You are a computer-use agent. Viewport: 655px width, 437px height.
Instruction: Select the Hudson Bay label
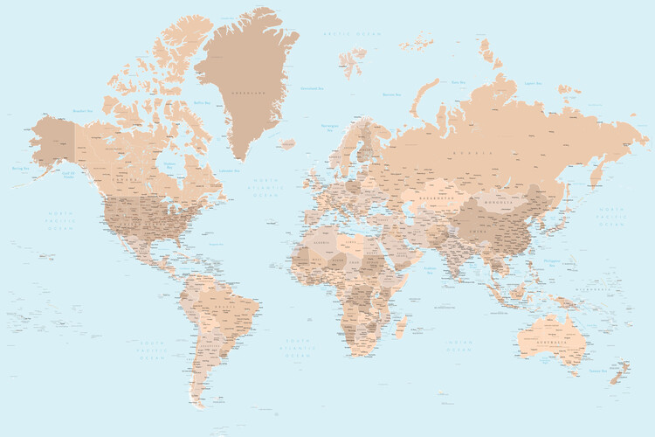[x=169, y=163]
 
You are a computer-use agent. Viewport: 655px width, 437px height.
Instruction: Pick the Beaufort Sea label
[x=82, y=111]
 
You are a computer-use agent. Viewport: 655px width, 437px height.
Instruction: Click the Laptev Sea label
[x=534, y=85]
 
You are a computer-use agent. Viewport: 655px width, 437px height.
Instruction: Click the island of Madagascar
[x=401, y=325]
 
